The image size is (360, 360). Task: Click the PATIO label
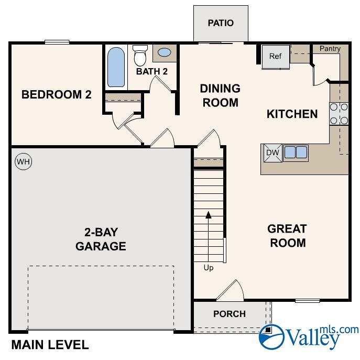220,23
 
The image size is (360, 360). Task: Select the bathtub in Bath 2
116,68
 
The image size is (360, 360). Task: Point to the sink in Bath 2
164,53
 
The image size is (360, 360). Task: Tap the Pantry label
330,49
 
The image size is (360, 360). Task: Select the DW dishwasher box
272,152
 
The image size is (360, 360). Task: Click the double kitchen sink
296,152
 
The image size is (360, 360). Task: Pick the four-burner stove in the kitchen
339,114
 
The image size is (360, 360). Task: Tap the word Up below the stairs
209,268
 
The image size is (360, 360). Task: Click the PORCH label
229,314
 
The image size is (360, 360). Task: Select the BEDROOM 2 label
56,95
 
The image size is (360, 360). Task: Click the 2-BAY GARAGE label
101,238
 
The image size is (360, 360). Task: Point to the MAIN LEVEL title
50,345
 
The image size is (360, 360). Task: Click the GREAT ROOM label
287,236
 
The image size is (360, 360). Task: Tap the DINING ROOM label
220,95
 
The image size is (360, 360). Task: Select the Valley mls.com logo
310,335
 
